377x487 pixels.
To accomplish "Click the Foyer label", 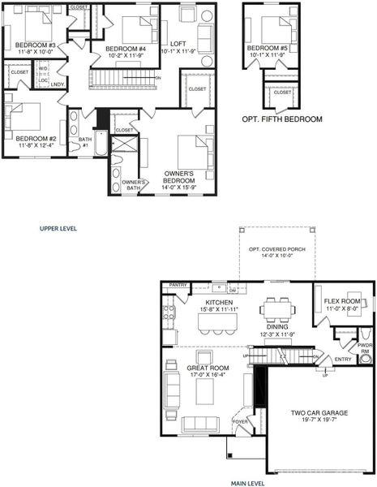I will click(x=240, y=421).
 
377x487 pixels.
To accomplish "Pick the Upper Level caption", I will click(x=58, y=229).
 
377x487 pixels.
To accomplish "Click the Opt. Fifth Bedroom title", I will click(x=281, y=119).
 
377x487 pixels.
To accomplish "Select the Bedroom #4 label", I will click(x=126, y=49).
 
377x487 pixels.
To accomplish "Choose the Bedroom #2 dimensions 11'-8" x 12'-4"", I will click(x=35, y=146).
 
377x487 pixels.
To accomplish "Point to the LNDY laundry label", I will click(x=58, y=84).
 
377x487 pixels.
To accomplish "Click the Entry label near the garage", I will click(x=343, y=359).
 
